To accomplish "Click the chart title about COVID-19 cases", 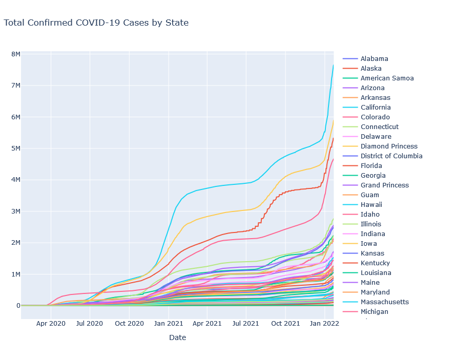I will pyautogui.click(x=96, y=23).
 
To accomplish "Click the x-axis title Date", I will pyautogui.click(x=177, y=338).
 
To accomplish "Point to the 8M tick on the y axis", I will pyautogui.click(x=16, y=54).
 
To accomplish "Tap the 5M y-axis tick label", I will pyautogui.click(x=16, y=149).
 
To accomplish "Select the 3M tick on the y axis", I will pyautogui.click(x=16, y=211).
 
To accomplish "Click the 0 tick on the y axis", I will pyautogui.click(x=18, y=306).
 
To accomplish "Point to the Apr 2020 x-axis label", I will pyautogui.click(x=51, y=324).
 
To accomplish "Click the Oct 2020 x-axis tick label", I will pyautogui.click(x=129, y=324).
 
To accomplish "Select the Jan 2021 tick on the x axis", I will pyautogui.click(x=169, y=324).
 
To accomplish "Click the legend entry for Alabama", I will pyautogui.click(x=374, y=59).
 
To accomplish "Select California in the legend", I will pyautogui.click(x=375, y=108).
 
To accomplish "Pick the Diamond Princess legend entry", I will pyautogui.click(x=388, y=146).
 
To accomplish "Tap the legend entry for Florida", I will pyautogui.click(x=371, y=166).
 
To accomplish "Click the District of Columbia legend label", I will pyautogui.click(x=391, y=156).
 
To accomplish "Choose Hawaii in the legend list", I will pyautogui.click(x=371, y=205).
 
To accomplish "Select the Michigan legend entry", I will pyautogui.click(x=374, y=312).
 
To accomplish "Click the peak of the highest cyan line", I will pyautogui.click(x=333, y=65).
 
